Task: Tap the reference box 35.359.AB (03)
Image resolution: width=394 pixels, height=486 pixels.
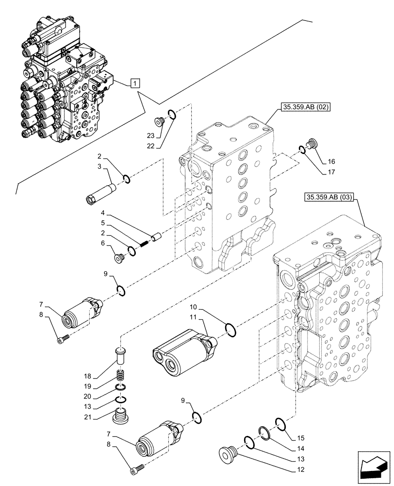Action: pos(330,197)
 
